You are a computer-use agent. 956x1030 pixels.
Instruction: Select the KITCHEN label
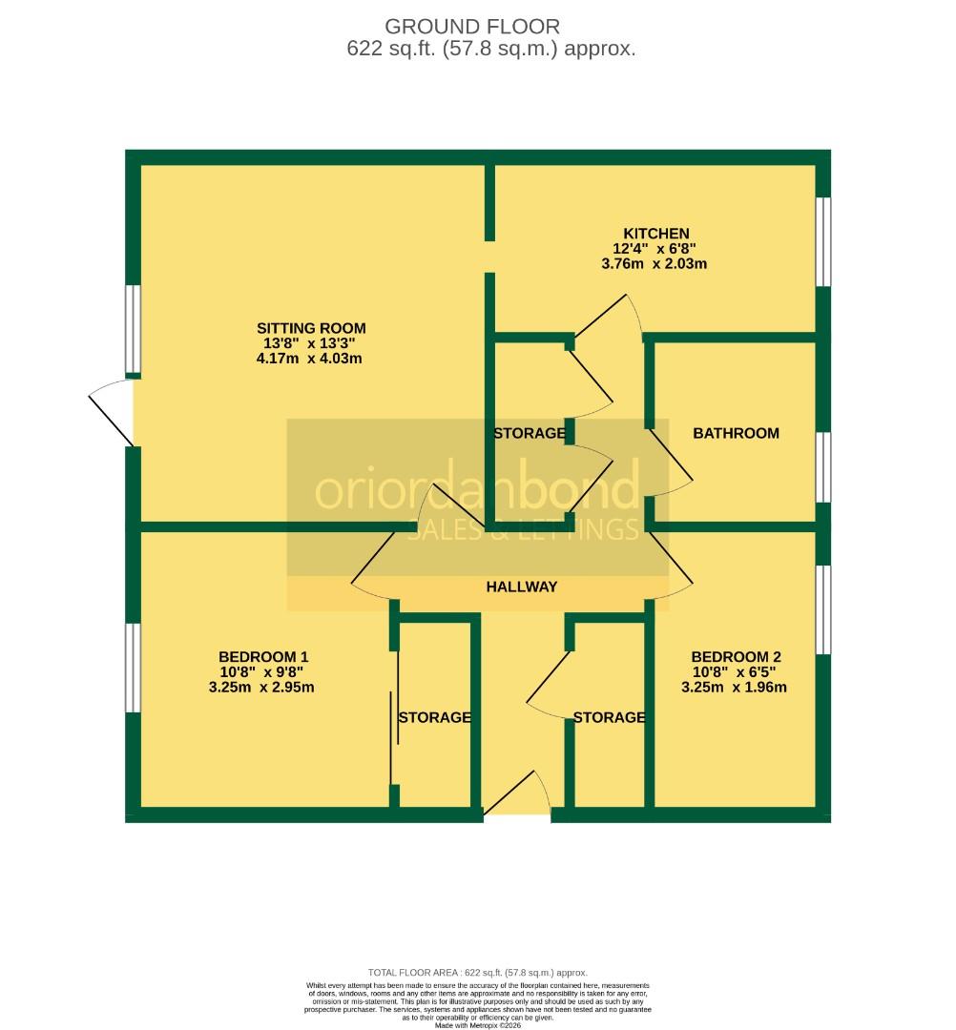[656, 234]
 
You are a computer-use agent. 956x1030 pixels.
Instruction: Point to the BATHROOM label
[736, 433]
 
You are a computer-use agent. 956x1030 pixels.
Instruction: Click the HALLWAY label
[521, 587]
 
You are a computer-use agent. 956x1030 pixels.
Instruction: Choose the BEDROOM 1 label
[263, 656]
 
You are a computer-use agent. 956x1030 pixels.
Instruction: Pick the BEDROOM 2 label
[736, 656]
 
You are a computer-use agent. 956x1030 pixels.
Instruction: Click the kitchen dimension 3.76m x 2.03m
[656, 264]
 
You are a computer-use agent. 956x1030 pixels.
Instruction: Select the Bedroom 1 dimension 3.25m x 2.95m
[262, 687]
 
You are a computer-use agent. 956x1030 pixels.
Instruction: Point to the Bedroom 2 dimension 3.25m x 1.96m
[735, 687]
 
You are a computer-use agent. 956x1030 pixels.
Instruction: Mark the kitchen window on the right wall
[823, 241]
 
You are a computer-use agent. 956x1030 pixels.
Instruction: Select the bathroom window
[823, 467]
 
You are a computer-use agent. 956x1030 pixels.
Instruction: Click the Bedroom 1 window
[133, 668]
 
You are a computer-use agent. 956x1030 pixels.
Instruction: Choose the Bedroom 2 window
[823, 610]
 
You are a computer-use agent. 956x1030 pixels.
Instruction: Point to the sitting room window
[134, 329]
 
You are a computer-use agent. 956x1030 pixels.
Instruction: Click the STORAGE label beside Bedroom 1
[434, 717]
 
